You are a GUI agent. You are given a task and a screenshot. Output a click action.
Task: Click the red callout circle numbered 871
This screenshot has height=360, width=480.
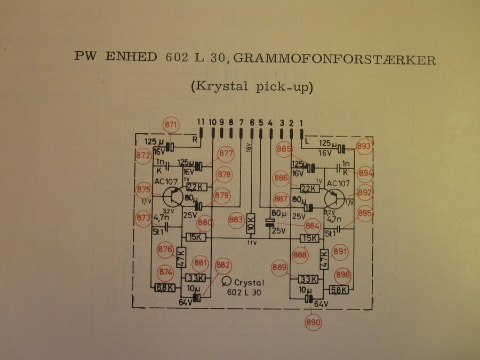click(x=171, y=125)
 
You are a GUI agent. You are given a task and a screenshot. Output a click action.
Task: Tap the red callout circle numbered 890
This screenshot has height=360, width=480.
click(x=314, y=322)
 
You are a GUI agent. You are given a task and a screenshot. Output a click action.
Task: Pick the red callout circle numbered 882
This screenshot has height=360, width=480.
click(x=224, y=266)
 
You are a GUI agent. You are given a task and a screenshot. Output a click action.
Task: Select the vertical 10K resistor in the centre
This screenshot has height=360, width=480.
click(x=251, y=224)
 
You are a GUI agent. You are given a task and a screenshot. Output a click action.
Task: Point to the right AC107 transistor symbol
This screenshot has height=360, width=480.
click(x=334, y=198)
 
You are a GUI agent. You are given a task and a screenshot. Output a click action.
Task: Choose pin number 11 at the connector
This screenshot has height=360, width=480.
click(x=201, y=122)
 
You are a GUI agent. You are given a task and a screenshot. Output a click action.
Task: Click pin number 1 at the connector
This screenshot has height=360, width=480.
click(x=301, y=122)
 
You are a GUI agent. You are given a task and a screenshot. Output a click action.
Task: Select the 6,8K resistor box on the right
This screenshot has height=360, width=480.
click(x=339, y=290)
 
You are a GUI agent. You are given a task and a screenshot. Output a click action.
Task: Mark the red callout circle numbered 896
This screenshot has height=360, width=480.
click(x=343, y=275)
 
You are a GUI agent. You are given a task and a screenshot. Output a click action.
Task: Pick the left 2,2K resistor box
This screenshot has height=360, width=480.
click(x=196, y=187)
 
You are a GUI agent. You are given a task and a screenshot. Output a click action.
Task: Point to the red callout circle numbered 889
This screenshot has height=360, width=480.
click(x=280, y=267)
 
